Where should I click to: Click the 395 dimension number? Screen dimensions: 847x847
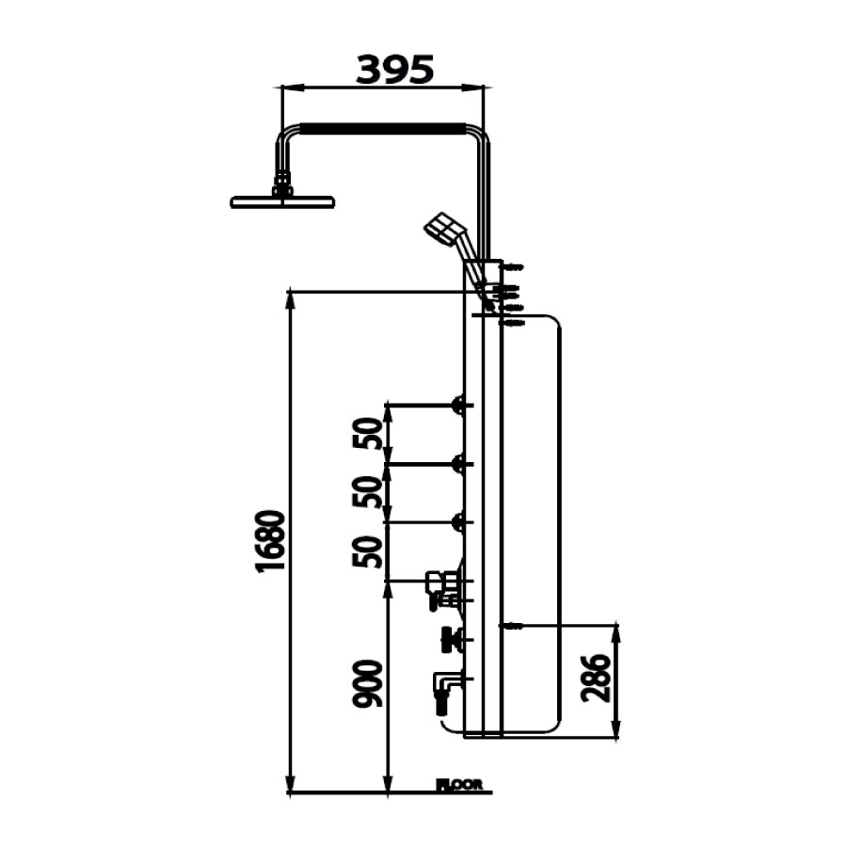click(394, 69)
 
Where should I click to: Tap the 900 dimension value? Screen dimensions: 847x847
click(369, 684)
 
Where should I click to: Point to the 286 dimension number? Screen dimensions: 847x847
click(596, 679)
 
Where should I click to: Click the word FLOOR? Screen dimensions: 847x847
click(460, 784)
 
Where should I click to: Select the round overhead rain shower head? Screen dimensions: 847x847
click(282, 201)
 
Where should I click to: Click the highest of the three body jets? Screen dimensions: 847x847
click(460, 406)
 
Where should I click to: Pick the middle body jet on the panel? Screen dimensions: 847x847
click(460, 463)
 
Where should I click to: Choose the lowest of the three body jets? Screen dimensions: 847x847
click(460, 521)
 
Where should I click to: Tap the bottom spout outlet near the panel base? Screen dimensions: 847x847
click(442, 685)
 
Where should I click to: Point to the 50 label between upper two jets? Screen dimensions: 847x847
click(371, 434)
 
